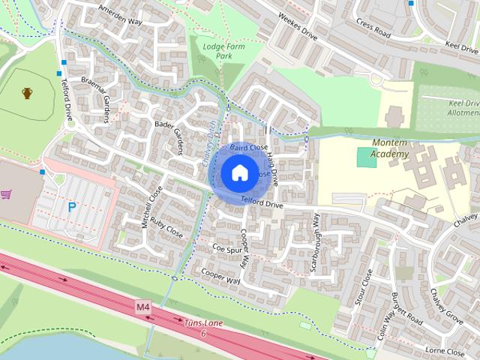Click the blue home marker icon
point(238,173)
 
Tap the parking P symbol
point(72,207)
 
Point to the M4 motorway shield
point(143,307)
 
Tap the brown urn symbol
point(28,94)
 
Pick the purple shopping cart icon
point(7,195)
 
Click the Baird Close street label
point(249,148)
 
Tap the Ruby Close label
point(166,225)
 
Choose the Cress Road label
point(373,29)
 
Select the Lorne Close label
point(444,349)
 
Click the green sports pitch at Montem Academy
point(366,157)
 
